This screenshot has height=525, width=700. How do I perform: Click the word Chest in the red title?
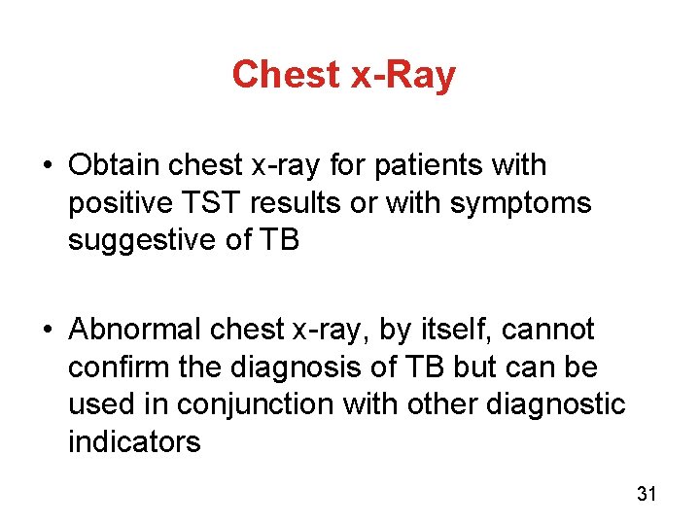(x=288, y=74)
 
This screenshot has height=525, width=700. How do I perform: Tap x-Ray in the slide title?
(x=403, y=74)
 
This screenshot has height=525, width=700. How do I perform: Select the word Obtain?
(x=115, y=165)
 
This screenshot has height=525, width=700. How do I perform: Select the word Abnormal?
(x=136, y=330)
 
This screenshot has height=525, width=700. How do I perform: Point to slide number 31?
(x=647, y=494)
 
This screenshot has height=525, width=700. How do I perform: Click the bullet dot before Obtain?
(x=47, y=166)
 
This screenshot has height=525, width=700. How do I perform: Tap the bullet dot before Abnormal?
(x=47, y=331)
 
